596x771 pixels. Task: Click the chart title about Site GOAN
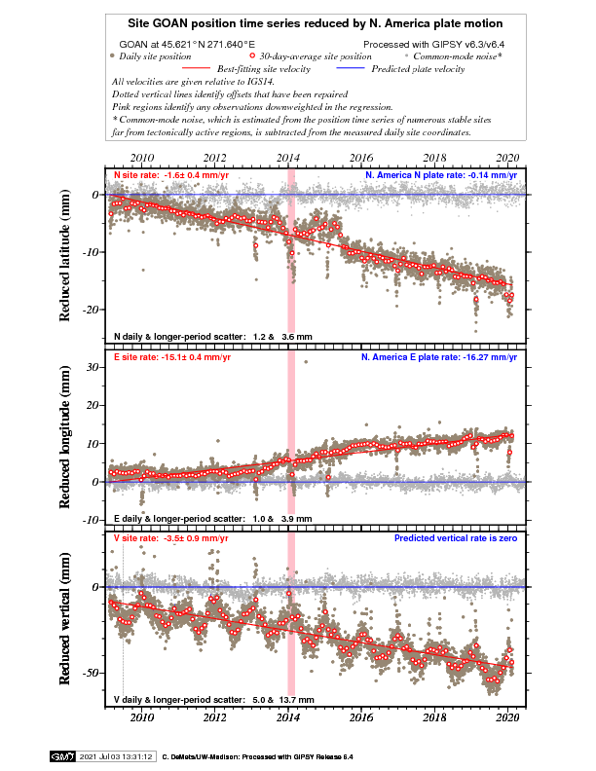click(316, 23)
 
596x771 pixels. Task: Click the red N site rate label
click(171, 175)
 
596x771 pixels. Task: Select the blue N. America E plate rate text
click(439, 357)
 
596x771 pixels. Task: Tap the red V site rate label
click(171, 538)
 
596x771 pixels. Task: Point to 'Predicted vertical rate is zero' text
click(456, 538)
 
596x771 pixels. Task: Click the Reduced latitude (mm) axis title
click(65, 255)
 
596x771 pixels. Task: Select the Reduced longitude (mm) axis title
click(65, 437)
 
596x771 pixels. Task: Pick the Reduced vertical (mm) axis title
click(65, 618)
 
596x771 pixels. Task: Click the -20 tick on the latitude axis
click(93, 310)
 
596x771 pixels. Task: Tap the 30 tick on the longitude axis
click(93, 367)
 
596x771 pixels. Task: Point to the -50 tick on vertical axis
click(93, 673)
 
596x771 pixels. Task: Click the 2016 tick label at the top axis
click(361, 158)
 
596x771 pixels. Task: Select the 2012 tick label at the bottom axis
click(215, 717)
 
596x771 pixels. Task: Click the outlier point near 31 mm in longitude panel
click(306, 362)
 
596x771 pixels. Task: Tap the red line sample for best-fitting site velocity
click(196, 68)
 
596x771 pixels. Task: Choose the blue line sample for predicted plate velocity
click(351, 68)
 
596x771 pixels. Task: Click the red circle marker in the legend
click(252, 56)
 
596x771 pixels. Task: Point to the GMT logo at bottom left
click(62, 756)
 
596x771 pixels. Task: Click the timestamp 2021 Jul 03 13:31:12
click(116, 756)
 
